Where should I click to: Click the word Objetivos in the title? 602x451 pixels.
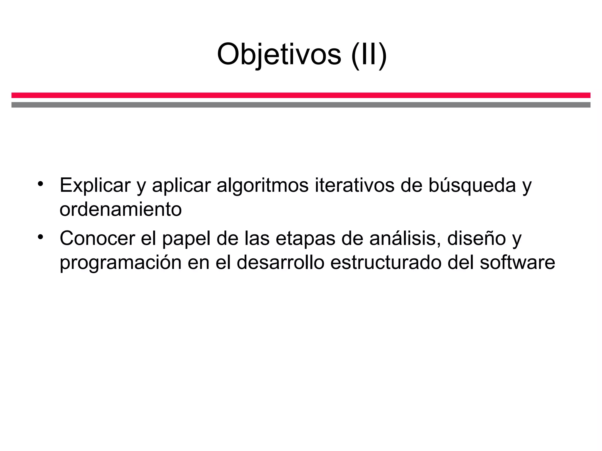pos(279,55)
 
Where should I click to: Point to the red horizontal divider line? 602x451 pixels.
pos(301,95)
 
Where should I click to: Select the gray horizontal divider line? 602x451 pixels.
pos(301,105)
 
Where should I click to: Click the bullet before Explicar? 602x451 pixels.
pos(40,184)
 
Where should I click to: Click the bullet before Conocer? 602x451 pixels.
pos(40,237)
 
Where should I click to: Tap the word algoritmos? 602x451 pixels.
pos(262,185)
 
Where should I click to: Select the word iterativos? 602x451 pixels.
pos(354,185)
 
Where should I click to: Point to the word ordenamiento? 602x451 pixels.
pos(121,209)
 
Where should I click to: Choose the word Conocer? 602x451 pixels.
pos(97,238)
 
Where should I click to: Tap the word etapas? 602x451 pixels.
pos(305,239)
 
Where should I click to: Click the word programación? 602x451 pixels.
pos(121,263)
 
